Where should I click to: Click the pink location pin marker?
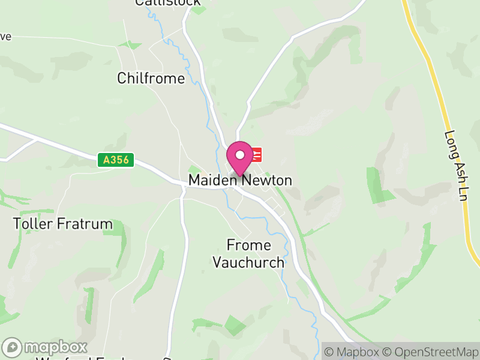[240, 158]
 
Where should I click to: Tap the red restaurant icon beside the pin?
[256, 155]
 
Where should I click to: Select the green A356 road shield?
[116, 160]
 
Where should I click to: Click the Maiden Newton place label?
[240, 180]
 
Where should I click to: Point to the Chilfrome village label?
[151, 79]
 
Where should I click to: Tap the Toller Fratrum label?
[63, 224]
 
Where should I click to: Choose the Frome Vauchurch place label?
[248, 254]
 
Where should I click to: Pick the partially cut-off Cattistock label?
[159, 3]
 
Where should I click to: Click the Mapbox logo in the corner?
[46, 347]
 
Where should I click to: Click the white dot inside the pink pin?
[240, 155]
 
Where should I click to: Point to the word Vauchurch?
[248, 262]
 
